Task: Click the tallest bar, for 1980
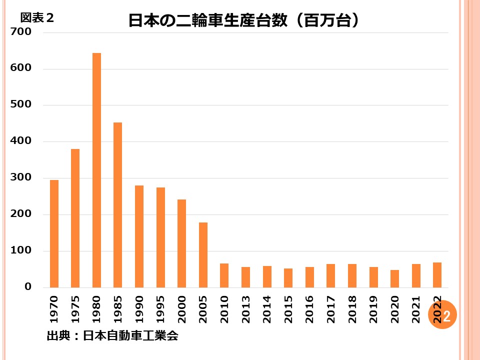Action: (x=96, y=170)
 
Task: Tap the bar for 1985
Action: (x=117, y=205)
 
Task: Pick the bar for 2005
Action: (x=203, y=255)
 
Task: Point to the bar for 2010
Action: (x=224, y=275)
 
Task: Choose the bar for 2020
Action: (x=394, y=279)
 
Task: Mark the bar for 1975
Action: (x=75, y=218)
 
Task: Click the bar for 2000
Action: (x=181, y=243)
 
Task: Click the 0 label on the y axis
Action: (x=28, y=287)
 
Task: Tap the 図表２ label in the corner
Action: (x=37, y=18)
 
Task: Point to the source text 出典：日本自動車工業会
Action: (x=112, y=335)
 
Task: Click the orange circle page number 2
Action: (x=443, y=315)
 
